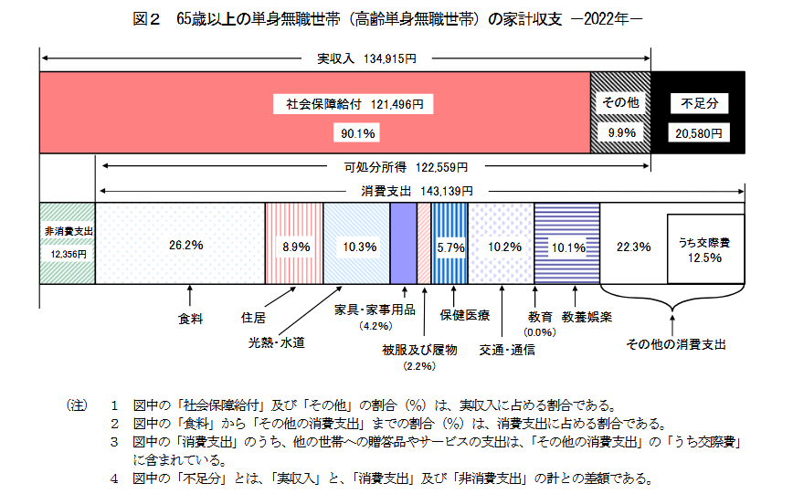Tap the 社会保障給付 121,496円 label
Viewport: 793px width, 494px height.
click(354, 104)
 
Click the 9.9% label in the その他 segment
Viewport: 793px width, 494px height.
click(621, 133)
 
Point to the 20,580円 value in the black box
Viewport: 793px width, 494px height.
click(698, 133)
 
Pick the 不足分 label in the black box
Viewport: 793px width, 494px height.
click(699, 104)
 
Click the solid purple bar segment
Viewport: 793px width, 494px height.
click(403, 243)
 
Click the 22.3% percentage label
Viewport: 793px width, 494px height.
click(633, 246)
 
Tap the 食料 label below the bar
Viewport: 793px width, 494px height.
click(190, 318)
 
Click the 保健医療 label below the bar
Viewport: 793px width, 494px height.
click(465, 315)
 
